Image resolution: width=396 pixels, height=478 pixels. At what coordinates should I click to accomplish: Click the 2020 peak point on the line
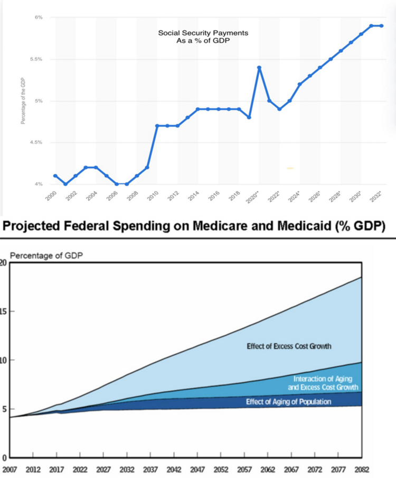[x=259, y=68]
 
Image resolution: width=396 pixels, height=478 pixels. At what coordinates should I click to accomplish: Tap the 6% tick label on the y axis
[x=39, y=18]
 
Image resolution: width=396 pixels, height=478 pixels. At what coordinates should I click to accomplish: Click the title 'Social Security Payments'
[x=203, y=33]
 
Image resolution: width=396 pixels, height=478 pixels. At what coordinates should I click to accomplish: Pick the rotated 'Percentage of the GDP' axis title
[x=23, y=102]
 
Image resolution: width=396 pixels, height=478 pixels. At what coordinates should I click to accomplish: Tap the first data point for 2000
[x=55, y=176]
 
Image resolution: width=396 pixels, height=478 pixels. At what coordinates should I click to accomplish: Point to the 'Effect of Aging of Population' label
[x=288, y=402]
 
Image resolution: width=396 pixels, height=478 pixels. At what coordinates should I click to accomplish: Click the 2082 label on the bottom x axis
[x=362, y=468]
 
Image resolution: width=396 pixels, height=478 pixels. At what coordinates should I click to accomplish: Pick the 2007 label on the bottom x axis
[x=10, y=468]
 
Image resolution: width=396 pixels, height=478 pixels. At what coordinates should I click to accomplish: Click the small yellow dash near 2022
[x=290, y=168]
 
